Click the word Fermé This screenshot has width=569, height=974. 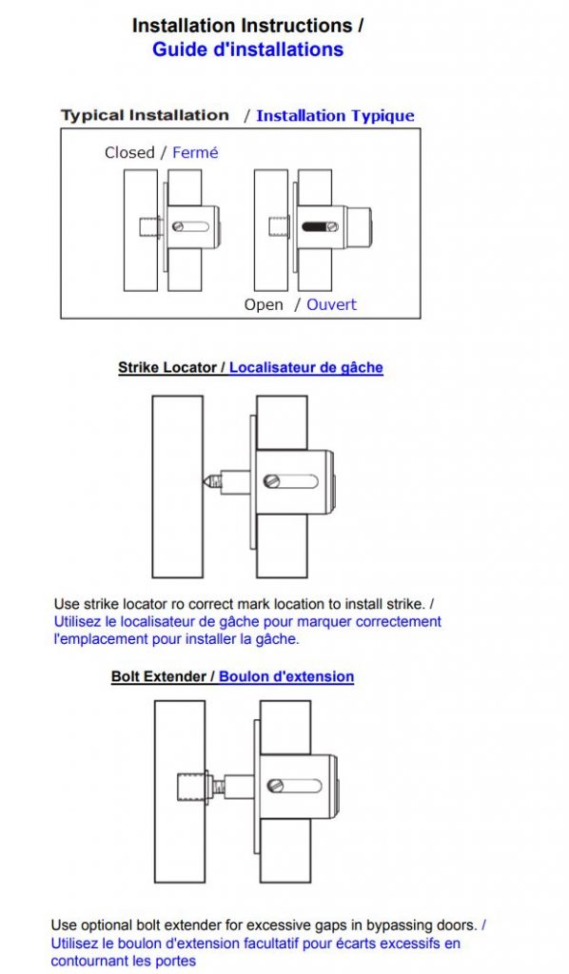195,153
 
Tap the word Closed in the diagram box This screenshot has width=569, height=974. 129,153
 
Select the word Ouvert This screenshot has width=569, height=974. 332,305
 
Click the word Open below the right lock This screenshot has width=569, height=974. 264,305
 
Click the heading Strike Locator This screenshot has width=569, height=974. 167,367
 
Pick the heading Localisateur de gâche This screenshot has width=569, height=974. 306,367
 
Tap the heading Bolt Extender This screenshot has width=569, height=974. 158,676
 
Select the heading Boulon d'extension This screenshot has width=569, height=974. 286,676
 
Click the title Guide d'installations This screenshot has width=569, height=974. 247,49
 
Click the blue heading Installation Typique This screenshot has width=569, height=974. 335,116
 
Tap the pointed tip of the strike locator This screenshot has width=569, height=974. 203,481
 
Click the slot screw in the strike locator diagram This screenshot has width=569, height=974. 270,480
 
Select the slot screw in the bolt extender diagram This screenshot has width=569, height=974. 275,786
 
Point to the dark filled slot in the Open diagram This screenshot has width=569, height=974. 315,226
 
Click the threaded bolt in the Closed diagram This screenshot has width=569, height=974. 148,226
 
